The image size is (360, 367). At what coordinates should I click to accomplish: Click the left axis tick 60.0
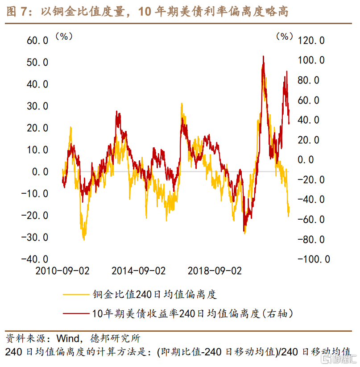37,41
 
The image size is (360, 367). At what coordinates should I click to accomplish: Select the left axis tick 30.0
37,106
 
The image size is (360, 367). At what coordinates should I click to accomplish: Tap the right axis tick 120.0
311,41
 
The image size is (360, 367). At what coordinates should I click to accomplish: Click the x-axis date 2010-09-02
62,271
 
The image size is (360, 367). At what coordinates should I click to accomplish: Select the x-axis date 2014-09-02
138,271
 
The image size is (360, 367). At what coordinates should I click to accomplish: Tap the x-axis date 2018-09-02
215,271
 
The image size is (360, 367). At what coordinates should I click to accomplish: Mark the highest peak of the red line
264,57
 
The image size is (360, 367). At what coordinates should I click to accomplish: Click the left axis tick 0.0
40,171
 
